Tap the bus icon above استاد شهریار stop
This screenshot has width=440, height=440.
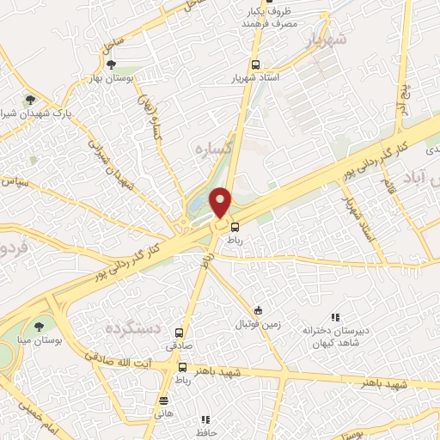click(254, 64)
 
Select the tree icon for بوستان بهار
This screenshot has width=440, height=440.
click(109, 64)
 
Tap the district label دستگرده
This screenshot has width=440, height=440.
click(134, 329)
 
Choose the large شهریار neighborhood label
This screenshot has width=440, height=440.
click(329, 40)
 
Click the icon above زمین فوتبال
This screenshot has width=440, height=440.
click(259, 310)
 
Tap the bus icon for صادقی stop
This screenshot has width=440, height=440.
click(179, 333)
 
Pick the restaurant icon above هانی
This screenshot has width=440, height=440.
click(163, 400)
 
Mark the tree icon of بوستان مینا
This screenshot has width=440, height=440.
click(38, 325)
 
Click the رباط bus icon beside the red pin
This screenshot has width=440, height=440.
click(235, 227)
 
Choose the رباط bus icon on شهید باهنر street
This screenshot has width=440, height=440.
click(181, 367)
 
